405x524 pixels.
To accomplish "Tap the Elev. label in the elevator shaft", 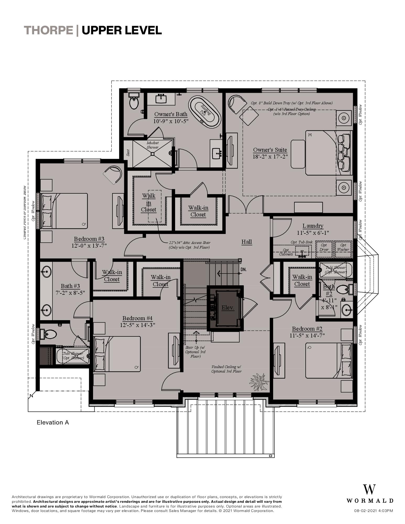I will coord(228,308).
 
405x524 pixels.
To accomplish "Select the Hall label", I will coord(246,242).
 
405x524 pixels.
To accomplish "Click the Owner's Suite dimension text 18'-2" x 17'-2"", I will coord(270,157).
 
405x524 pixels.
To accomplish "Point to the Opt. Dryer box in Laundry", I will coord(324,247).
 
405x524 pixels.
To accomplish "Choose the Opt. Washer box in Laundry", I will coord(343,247).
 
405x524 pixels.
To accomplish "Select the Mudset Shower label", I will coord(153,145).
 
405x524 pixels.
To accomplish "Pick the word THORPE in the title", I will coord(48,30).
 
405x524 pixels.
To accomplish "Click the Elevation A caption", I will coord(53,422).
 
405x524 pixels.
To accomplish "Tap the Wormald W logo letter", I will coord(369,489).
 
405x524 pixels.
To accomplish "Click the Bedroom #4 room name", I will coord(137,318).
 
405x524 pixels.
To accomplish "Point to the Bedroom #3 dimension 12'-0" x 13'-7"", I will coord(89,246).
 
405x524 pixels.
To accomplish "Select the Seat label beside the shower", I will coord(128,153).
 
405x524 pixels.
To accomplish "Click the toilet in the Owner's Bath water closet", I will coord(134,102).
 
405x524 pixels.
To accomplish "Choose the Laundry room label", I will coord(313,226).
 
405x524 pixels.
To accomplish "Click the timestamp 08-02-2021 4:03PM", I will coord(373,511).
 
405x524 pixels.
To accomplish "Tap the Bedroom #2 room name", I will coord(307,329).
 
